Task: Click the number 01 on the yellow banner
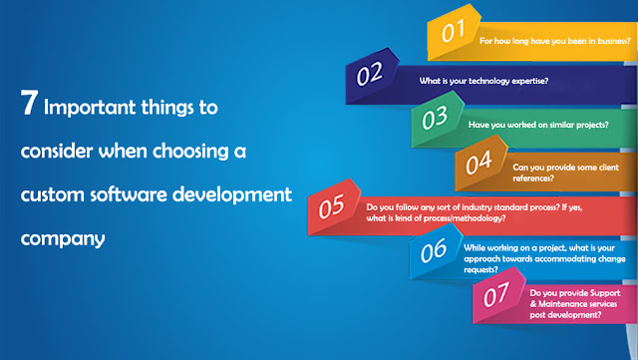pyautogui.click(x=456, y=31)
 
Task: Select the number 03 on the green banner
pyautogui.click(x=434, y=119)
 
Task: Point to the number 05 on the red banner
pyautogui.click(x=332, y=205)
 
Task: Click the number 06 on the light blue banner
pyautogui.click(x=434, y=250)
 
